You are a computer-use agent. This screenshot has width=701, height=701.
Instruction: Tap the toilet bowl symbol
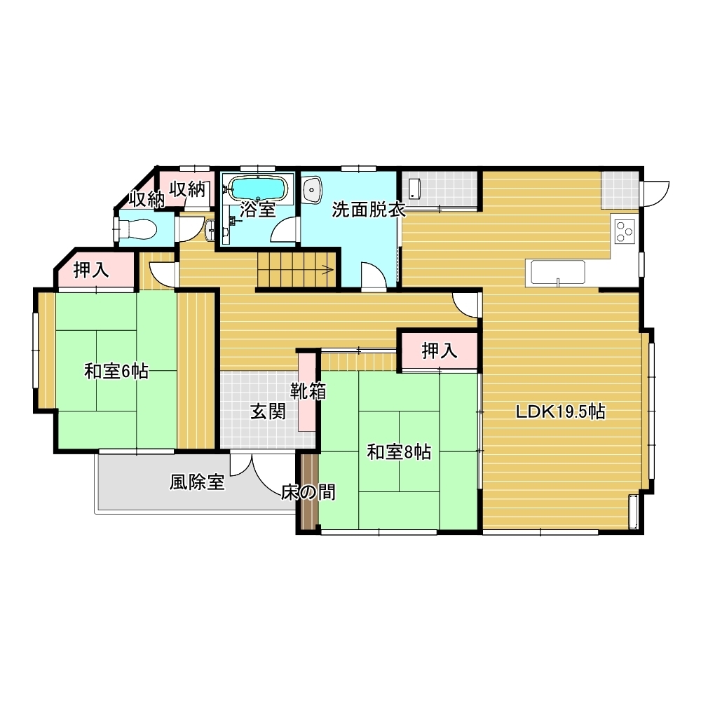(x=137, y=230)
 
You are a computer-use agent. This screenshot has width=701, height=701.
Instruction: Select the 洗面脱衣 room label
(x=369, y=210)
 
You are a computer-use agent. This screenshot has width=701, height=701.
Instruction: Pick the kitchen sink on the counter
(x=557, y=273)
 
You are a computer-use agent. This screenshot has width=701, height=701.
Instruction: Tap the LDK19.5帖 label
(x=561, y=411)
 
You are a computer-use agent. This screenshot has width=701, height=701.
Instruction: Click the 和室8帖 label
(x=399, y=452)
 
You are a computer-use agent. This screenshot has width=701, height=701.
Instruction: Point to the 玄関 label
(x=268, y=411)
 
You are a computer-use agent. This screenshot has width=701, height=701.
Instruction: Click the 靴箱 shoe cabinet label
(x=308, y=391)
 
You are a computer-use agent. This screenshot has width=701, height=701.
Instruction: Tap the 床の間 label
(x=308, y=492)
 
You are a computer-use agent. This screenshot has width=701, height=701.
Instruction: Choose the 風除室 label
(x=197, y=482)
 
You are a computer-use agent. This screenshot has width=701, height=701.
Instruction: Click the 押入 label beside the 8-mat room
(x=440, y=351)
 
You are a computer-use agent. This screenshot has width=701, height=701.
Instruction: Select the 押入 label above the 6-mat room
(x=91, y=270)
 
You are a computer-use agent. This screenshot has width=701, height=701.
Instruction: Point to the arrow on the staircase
(x=327, y=270)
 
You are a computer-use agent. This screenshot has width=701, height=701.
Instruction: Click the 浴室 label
(x=257, y=210)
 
